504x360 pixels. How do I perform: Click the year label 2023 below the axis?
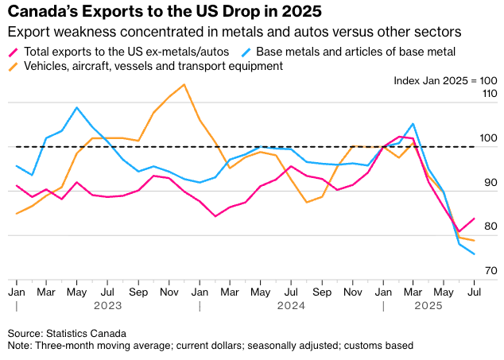tap(107, 305)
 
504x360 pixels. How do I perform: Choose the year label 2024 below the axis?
tap(291, 305)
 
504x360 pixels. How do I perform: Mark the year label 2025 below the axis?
tap(428, 305)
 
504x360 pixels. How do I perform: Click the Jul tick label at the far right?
tap(475, 292)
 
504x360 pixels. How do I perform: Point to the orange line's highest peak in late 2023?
tap(184, 84)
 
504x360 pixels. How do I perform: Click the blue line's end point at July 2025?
tap(475, 254)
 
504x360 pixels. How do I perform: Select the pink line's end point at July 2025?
tap(475, 219)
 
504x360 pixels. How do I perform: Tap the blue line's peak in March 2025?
tap(413, 124)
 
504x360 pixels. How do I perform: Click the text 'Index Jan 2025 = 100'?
tap(445, 81)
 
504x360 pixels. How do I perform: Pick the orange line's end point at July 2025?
tap(475, 241)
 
